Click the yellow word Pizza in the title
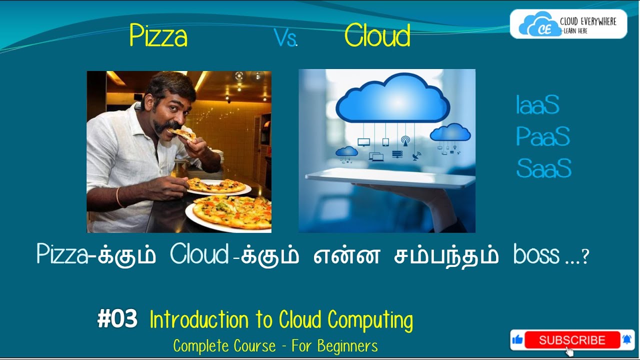(x=158, y=36)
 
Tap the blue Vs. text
(x=285, y=38)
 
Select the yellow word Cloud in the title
(x=377, y=36)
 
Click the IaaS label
(x=537, y=106)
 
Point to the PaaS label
(x=542, y=137)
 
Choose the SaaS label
(x=543, y=168)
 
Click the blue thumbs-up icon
(x=517, y=340)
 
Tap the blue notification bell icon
(x=627, y=340)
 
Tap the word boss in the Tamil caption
(x=536, y=255)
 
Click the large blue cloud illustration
(x=392, y=97)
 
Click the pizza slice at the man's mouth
(x=181, y=134)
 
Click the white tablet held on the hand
(x=390, y=177)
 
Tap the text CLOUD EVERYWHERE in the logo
(x=588, y=21)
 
